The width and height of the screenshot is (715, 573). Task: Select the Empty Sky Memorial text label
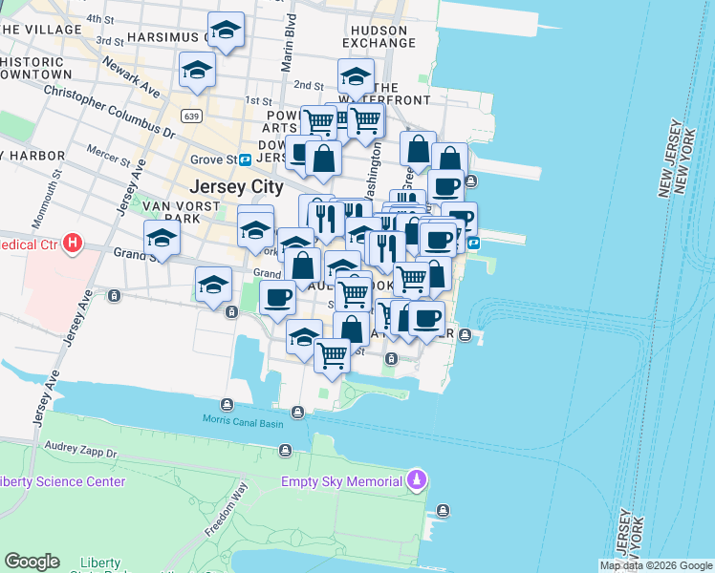coord(341,481)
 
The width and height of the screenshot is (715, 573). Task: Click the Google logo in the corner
coord(32,562)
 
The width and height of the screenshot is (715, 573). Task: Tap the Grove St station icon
coord(246,159)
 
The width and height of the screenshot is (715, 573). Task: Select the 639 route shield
coord(193,117)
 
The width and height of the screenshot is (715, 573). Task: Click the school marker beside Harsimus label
coord(226,32)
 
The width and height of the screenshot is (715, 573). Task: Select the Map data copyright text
coord(656,565)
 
